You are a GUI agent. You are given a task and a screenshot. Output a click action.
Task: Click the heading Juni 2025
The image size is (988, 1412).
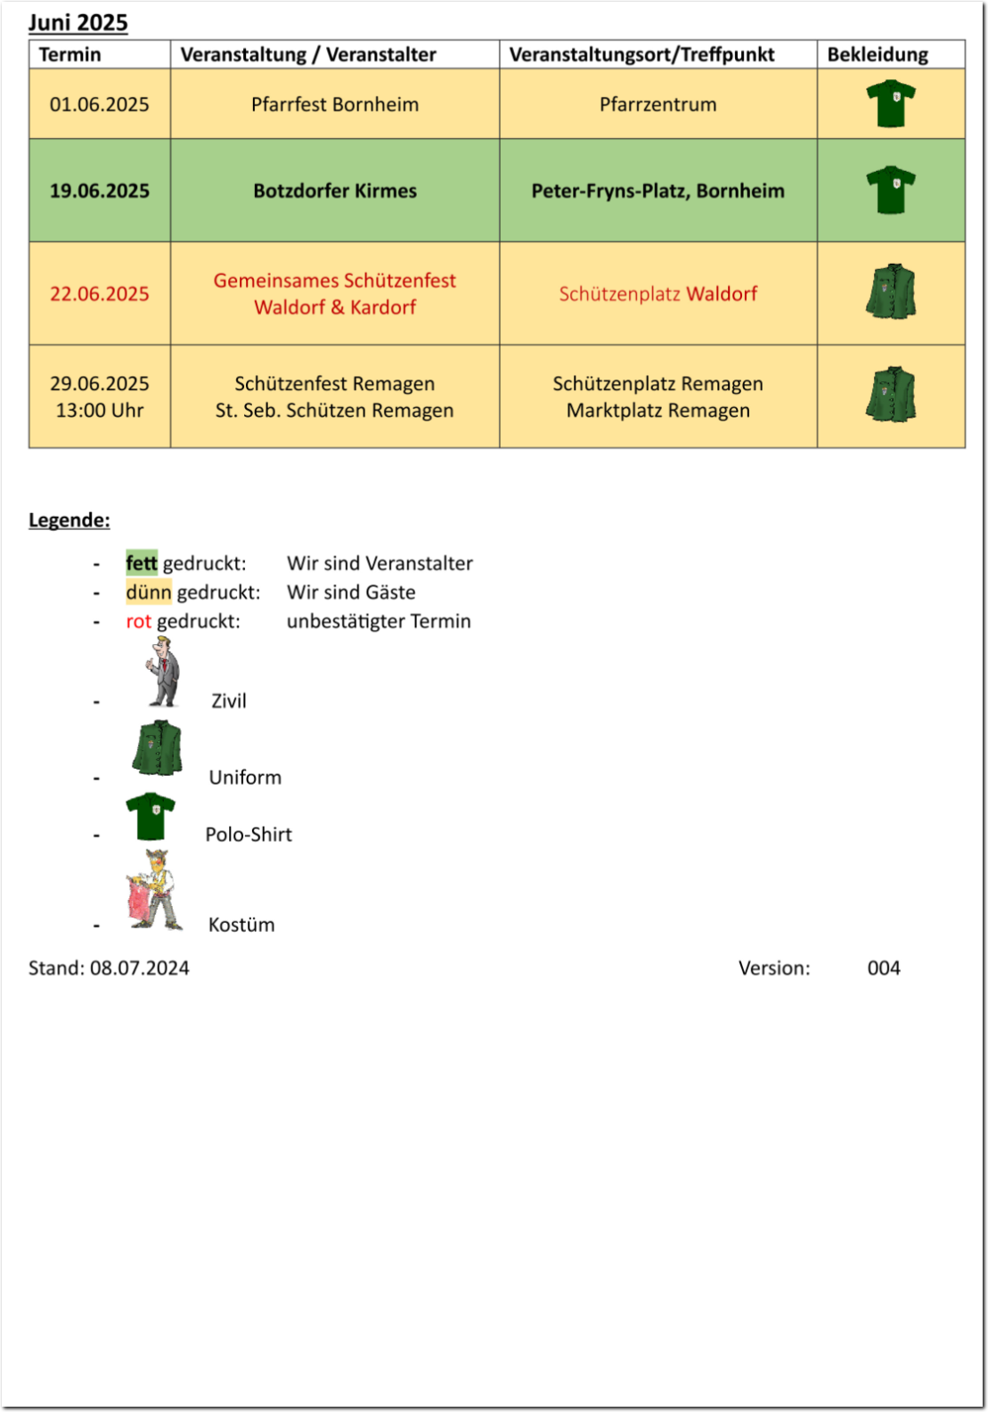coord(78,22)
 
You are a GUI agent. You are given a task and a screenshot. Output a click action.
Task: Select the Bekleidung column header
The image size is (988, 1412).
coord(878,54)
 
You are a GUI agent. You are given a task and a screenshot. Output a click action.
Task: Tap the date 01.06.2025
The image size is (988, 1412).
coord(100,104)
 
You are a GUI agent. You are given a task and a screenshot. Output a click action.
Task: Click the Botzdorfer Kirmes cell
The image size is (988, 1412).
coord(335,191)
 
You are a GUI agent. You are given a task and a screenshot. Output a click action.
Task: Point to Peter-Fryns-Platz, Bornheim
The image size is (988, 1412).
coord(657,191)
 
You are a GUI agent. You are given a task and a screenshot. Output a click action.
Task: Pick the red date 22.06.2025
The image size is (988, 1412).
coord(100,294)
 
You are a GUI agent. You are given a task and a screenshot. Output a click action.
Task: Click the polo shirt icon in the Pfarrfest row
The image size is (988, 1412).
coord(891,103)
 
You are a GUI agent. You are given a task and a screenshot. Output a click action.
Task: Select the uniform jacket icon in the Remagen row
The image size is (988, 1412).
coord(891,395)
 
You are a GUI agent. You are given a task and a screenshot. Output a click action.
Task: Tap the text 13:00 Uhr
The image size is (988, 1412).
coord(100,411)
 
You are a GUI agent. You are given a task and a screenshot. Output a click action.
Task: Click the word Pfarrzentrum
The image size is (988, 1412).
coord(657,104)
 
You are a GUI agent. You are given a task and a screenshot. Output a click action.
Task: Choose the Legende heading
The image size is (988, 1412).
coord(69,520)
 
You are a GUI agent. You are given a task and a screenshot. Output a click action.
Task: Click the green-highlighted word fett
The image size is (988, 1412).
coord(142,563)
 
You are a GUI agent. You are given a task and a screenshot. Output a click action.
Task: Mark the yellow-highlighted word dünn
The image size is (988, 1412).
coord(148,592)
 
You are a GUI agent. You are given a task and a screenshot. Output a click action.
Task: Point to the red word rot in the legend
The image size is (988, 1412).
coord(139,621)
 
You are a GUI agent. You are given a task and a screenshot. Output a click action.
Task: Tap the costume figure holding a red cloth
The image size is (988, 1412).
coord(153,891)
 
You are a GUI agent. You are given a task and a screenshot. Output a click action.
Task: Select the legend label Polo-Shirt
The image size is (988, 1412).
coord(249,835)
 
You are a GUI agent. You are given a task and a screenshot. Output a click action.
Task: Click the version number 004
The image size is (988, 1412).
coord(884,968)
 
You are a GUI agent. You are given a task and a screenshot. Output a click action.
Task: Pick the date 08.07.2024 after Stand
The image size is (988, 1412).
coord(140,968)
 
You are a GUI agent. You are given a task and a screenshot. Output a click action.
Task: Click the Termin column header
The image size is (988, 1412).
coord(70,54)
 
